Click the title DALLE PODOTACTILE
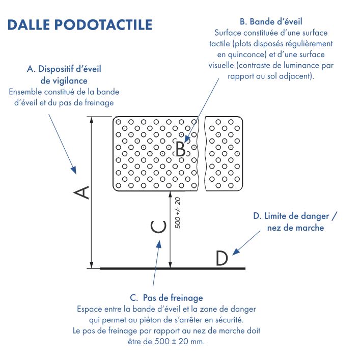click(80, 24)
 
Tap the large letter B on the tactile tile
click(180, 148)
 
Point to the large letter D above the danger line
click(221, 259)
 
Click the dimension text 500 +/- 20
click(178, 212)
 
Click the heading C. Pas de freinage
click(166, 298)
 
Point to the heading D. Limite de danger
click(295, 216)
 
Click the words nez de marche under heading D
click(295, 228)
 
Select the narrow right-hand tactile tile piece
click(224, 154)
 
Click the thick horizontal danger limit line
click(173, 268)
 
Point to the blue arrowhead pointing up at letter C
click(158, 245)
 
